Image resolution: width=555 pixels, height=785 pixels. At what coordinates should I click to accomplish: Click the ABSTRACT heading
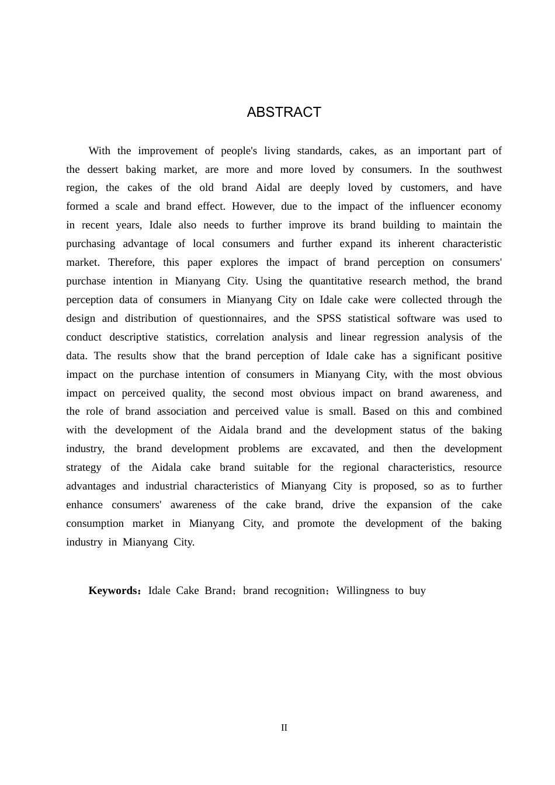pos(284,112)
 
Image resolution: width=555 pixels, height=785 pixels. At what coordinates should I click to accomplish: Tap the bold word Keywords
pos(113,591)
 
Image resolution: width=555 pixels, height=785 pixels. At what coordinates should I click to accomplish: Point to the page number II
pos(284,728)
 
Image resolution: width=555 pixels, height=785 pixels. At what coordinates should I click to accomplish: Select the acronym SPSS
pos(329,318)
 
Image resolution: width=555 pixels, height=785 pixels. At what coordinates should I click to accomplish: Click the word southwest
pos(480,169)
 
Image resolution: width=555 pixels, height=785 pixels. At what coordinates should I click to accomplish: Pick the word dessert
pos(102,169)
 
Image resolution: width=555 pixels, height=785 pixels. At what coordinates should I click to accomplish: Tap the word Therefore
pos(131,262)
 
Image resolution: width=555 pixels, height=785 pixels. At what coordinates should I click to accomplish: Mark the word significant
pos(440,356)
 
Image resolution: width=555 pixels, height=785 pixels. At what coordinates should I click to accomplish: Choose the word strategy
pos(84,467)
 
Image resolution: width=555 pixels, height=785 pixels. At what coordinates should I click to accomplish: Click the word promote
pos(315,523)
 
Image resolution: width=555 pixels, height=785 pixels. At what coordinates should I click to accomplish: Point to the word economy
pos(481,206)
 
